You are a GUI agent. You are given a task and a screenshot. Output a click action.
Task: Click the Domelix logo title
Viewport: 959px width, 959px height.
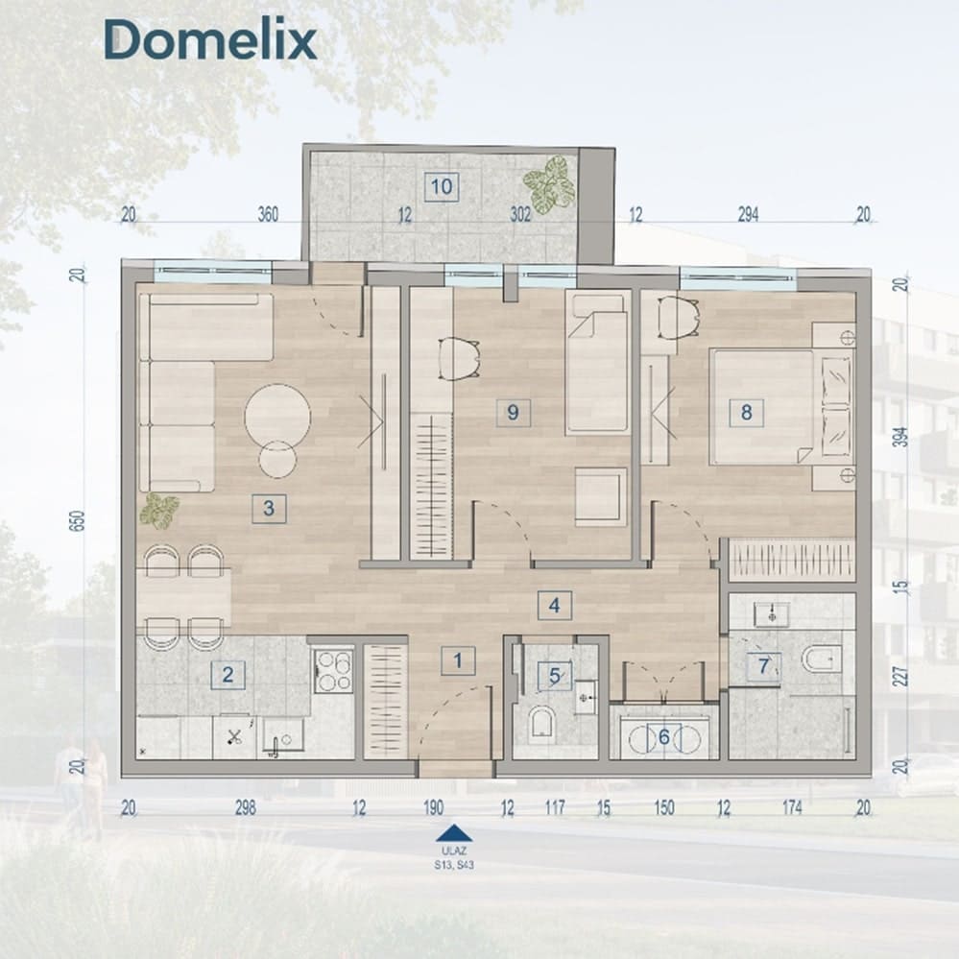pyautogui.click(x=210, y=39)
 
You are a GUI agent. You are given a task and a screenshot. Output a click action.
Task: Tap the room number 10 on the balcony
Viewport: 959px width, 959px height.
pyautogui.click(x=442, y=186)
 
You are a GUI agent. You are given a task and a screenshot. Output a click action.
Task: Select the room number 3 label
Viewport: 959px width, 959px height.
pyautogui.click(x=269, y=508)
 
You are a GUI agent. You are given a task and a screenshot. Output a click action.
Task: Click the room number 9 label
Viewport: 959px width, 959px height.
pyautogui.click(x=513, y=412)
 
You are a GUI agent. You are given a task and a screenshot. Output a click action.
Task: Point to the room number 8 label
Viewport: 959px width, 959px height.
pyautogui.click(x=746, y=412)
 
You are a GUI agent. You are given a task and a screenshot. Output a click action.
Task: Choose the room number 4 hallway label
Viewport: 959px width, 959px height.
pyautogui.click(x=554, y=606)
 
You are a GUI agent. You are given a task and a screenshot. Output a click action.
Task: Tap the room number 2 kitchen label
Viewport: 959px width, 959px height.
pyautogui.click(x=228, y=675)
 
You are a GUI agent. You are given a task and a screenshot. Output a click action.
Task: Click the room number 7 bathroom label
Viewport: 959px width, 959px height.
pyautogui.click(x=763, y=665)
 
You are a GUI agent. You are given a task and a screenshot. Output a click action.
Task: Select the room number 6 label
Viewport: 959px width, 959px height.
pyautogui.click(x=664, y=737)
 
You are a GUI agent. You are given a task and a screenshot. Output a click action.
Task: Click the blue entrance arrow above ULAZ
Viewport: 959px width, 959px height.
pyautogui.click(x=453, y=832)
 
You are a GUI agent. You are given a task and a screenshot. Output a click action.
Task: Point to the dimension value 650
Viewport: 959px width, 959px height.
pyautogui.click(x=78, y=520)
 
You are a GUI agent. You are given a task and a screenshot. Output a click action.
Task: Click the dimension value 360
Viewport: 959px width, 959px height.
pyautogui.click(x=268, y=215)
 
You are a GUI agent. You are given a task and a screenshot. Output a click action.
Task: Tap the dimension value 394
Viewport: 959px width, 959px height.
pyautogui.click(x=900, y=436)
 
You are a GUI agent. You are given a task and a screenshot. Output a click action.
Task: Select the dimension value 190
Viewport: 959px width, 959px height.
pyautogui.click(x=433, y=808)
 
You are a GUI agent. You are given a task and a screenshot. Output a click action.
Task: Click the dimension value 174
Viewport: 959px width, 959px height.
pyautogui.click(x=792, y=808)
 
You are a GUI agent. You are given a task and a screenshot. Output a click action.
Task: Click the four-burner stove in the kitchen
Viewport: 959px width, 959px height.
pyautogui.click(x=333, y=671)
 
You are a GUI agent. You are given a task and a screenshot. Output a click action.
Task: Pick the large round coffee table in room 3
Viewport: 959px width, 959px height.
pyautogui.click(x=277, y=417)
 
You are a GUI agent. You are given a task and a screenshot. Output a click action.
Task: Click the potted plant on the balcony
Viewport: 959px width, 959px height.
pyautogui.click(x=549, y=185)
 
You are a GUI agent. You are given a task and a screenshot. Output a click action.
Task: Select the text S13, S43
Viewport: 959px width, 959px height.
pyautogui.click(x=454, y=865)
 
